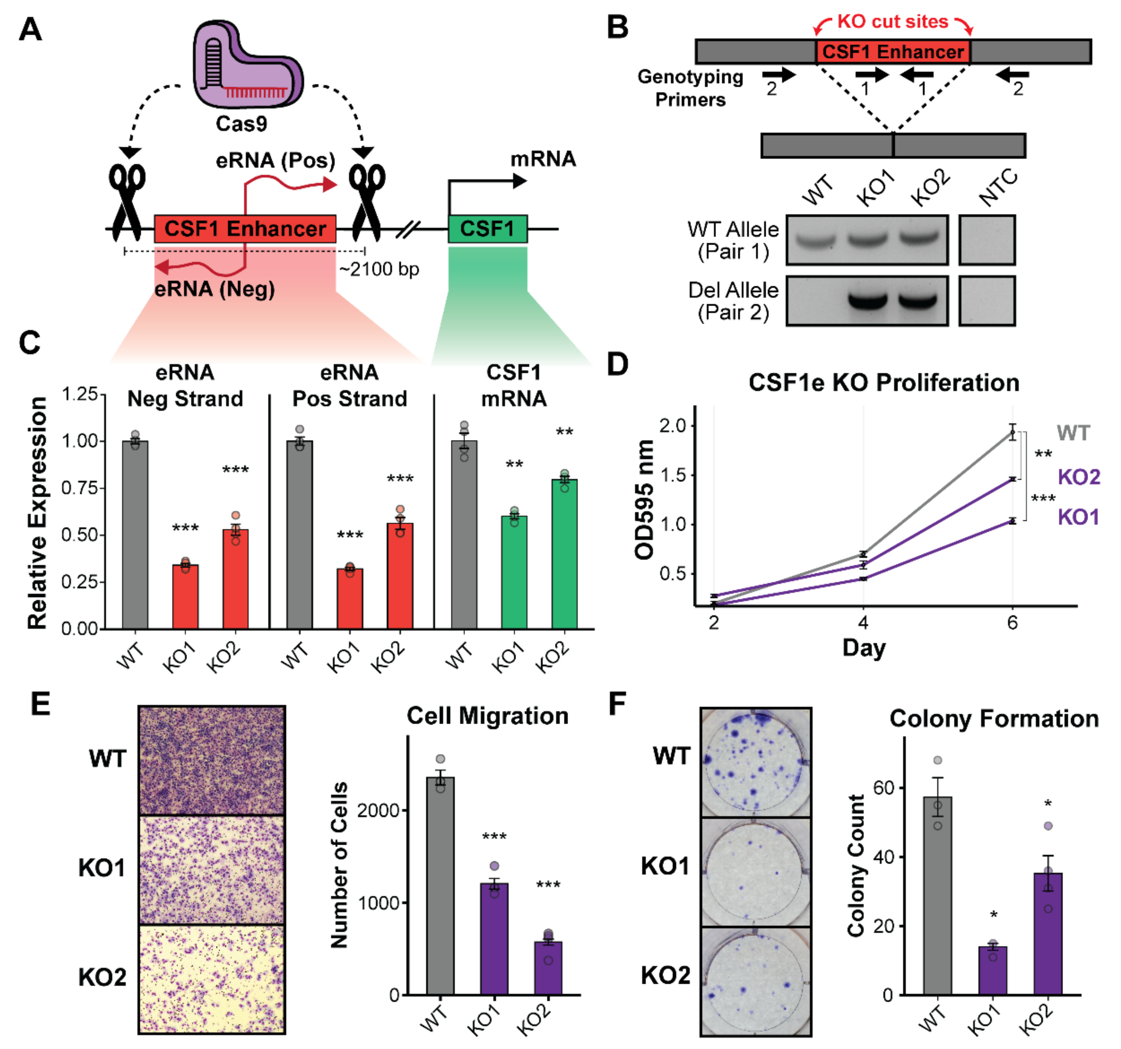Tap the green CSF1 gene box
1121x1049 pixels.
pyautogui.click(x=488, y=229)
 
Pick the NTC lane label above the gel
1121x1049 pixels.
pyautogui.click(x=998, y=188)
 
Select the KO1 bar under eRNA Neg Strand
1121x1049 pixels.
pyautogui.click(x=185, y=596)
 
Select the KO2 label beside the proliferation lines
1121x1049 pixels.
pyautogui.click(x=1079, y=477)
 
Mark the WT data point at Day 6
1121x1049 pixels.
pyautogui.click(x=1013, y=433)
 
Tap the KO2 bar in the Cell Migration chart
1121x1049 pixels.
pyautogui.click(x=548, y=968)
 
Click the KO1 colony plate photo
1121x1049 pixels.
pyautogui.click(x=755, y=871)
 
